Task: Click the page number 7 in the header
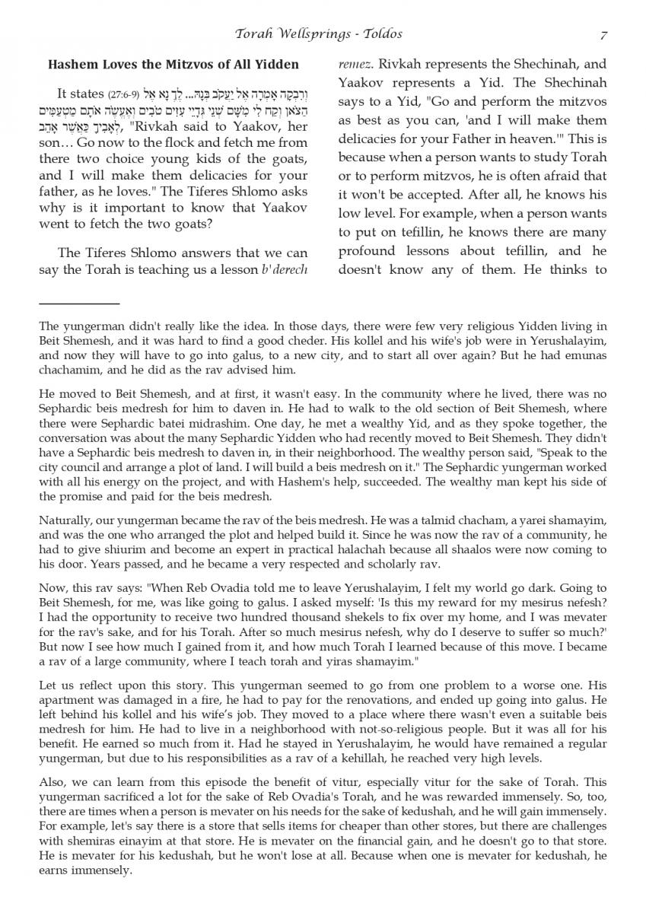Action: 603,34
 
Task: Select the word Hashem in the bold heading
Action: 71,65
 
